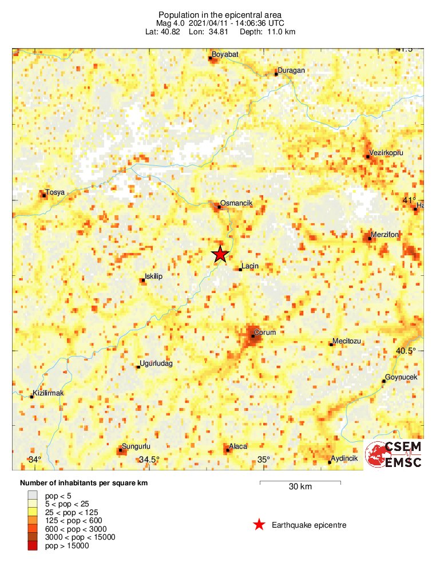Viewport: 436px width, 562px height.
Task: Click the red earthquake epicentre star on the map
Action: click(220, 255)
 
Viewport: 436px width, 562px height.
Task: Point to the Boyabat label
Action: click(225, 54)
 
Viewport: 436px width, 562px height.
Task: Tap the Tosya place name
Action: click(55, 192)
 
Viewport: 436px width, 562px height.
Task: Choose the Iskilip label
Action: click(154, 276)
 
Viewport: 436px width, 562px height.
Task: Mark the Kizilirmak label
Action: click(49, 393)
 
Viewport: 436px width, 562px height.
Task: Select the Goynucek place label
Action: click(402, 377)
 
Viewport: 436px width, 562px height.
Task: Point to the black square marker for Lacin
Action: click(240, 269)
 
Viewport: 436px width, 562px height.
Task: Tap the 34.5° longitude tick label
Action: click(149, 460)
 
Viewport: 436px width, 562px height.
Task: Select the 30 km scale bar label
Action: click(300, 487)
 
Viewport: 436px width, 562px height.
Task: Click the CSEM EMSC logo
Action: click(394, 455)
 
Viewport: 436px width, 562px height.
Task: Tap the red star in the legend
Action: click(259, 524)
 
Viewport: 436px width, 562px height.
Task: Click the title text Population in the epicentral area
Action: click(221, 14)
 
